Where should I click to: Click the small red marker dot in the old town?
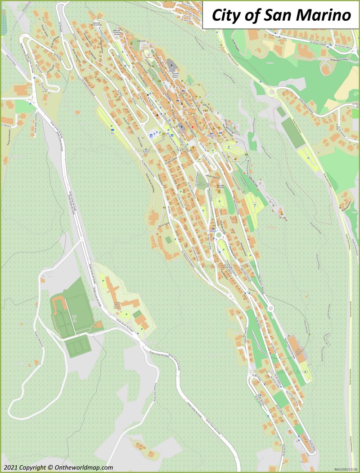pos(193,127)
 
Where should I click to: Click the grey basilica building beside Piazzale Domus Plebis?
pos(172,65)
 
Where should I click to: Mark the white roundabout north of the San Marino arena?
pos(270,308)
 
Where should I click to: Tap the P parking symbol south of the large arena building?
pos(306,372)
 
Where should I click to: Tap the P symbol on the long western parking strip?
pos(112,132)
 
